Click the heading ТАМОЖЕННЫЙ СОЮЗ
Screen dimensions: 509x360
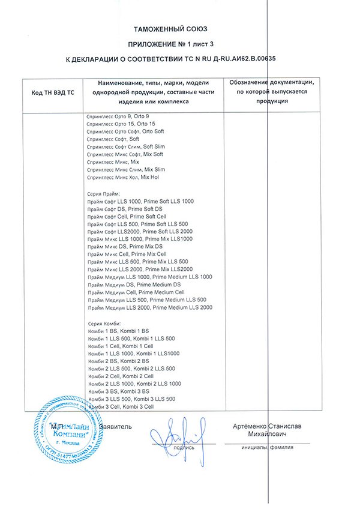179,29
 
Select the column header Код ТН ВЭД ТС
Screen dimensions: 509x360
52,94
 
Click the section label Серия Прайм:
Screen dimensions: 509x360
104,193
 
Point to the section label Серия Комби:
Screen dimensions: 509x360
104,324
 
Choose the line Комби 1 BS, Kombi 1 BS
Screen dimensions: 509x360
118,332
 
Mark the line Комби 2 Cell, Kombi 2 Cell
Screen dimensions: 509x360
121,376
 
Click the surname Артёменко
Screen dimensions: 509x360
252,427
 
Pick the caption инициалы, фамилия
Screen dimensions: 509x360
266,447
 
